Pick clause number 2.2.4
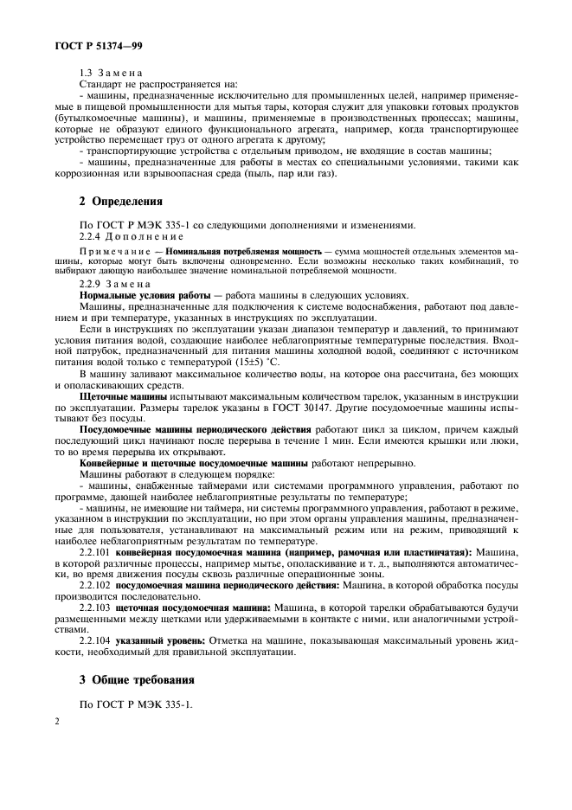click(93, 236)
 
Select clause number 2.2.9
click(93, 284)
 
